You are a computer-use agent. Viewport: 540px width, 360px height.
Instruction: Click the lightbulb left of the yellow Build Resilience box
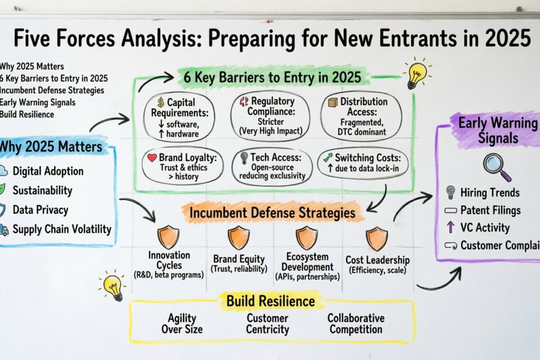point(112,286)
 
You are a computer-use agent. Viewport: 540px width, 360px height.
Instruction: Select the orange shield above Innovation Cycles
point(168,238)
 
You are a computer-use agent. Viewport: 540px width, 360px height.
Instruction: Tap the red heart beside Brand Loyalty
point(152,158)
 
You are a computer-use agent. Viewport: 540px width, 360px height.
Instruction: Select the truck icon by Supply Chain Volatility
point(3,229)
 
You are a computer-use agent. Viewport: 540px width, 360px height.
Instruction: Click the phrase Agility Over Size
point(182,324)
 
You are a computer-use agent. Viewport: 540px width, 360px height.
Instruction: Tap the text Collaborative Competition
point(355,324)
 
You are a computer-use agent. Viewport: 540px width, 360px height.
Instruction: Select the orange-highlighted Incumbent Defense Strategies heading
point(271,213)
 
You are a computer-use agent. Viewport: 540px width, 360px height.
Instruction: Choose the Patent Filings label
point(490,210)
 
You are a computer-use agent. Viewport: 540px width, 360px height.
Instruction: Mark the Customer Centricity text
point(267,324)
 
